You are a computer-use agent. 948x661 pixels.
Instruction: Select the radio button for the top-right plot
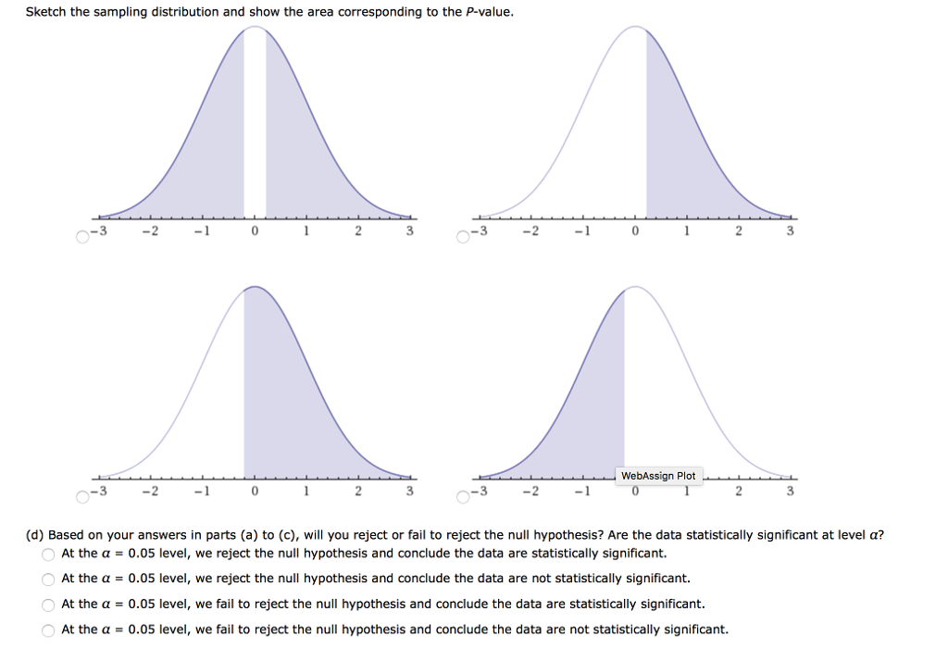coord(464,236)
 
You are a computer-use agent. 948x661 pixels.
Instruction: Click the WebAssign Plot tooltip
coord(658,476)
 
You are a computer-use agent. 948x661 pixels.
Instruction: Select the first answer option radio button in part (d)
coord(48,555)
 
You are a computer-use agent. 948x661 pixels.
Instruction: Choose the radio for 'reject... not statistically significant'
coord(48,580)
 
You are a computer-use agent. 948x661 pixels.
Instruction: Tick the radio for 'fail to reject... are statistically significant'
coord(48,605)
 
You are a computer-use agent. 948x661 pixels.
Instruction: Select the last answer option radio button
coord(48,630)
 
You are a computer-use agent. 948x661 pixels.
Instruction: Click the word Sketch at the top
coord(44,12)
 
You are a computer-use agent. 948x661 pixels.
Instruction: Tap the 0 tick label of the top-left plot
coord(255,231)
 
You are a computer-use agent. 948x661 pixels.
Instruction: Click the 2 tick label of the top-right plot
coord(738,231)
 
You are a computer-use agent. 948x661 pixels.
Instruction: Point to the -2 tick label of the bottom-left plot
coord(148,491)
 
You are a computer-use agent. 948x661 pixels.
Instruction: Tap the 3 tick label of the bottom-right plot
coord(790,491)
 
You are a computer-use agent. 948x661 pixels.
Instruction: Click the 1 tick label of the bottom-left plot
coord(306,491)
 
